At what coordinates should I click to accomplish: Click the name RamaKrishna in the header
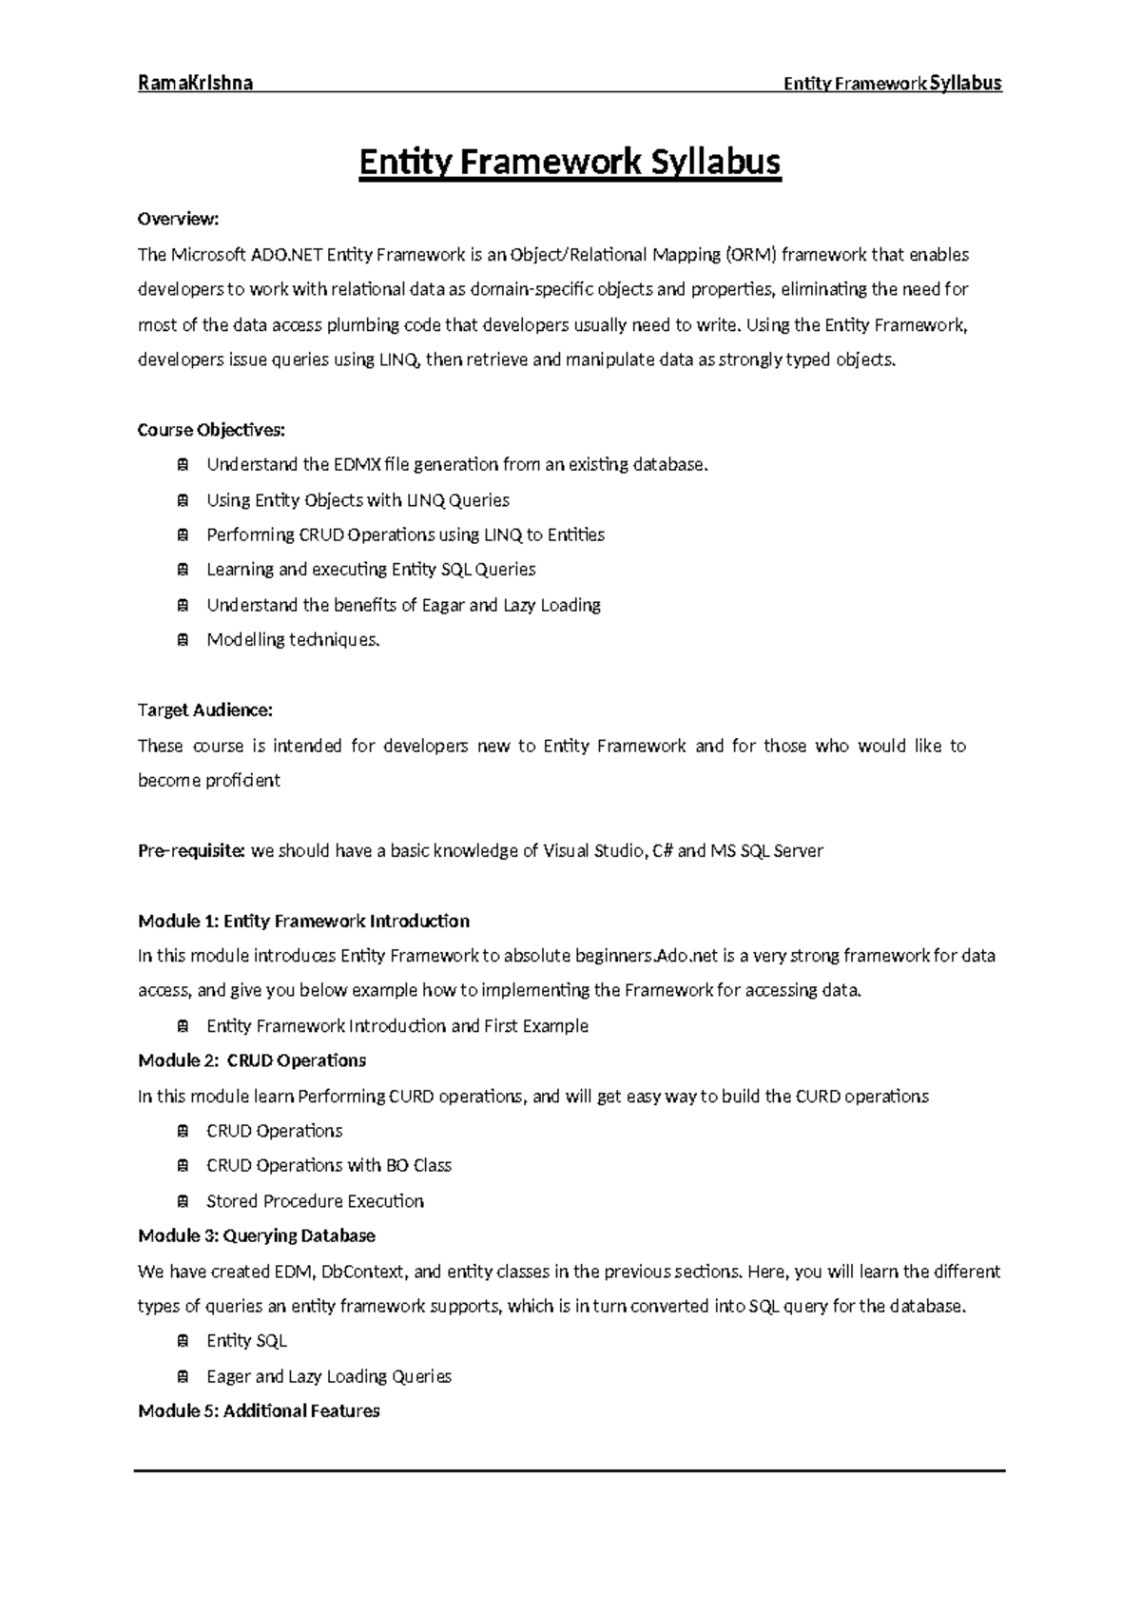click(195, 83)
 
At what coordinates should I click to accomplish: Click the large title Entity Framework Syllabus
click(570, 163)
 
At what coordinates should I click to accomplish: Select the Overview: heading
click(178, 220)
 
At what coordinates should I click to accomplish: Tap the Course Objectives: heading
click(211, 430)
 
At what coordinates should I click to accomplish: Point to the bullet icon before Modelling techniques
click(182, 640)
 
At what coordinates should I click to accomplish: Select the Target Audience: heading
click(205, 710)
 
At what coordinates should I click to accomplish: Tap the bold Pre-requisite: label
click(192, 851)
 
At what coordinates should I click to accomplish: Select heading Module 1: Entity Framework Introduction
click(303, 921)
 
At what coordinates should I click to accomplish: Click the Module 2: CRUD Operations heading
click(252, 1060)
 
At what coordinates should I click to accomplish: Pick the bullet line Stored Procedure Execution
click(315, 1201)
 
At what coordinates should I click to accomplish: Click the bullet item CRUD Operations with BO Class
click(328, 1166)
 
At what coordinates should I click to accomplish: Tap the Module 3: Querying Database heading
click(257, 1236)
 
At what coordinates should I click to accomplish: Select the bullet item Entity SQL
click(246, 1341)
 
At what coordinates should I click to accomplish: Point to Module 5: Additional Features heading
click(259, 1411)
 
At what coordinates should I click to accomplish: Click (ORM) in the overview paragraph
click(751, 255)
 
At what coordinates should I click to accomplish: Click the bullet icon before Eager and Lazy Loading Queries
click(182, 1376)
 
